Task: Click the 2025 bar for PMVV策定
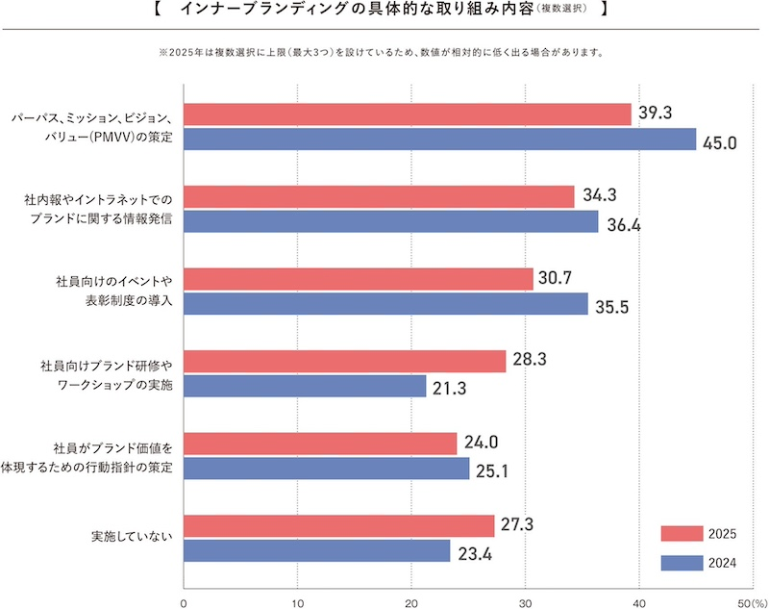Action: point(407,114)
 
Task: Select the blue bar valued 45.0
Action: point(439,140)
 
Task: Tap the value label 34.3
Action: point(599,195)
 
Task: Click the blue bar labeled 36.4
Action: point(390,221)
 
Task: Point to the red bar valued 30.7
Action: point(358,279)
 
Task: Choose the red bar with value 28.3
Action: point(344,361)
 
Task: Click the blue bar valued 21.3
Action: point(304,386)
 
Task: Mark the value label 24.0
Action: point(482,444)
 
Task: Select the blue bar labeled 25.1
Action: point(326,469)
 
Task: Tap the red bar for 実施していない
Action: point(338,526)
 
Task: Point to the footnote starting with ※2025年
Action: point(374,52)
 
